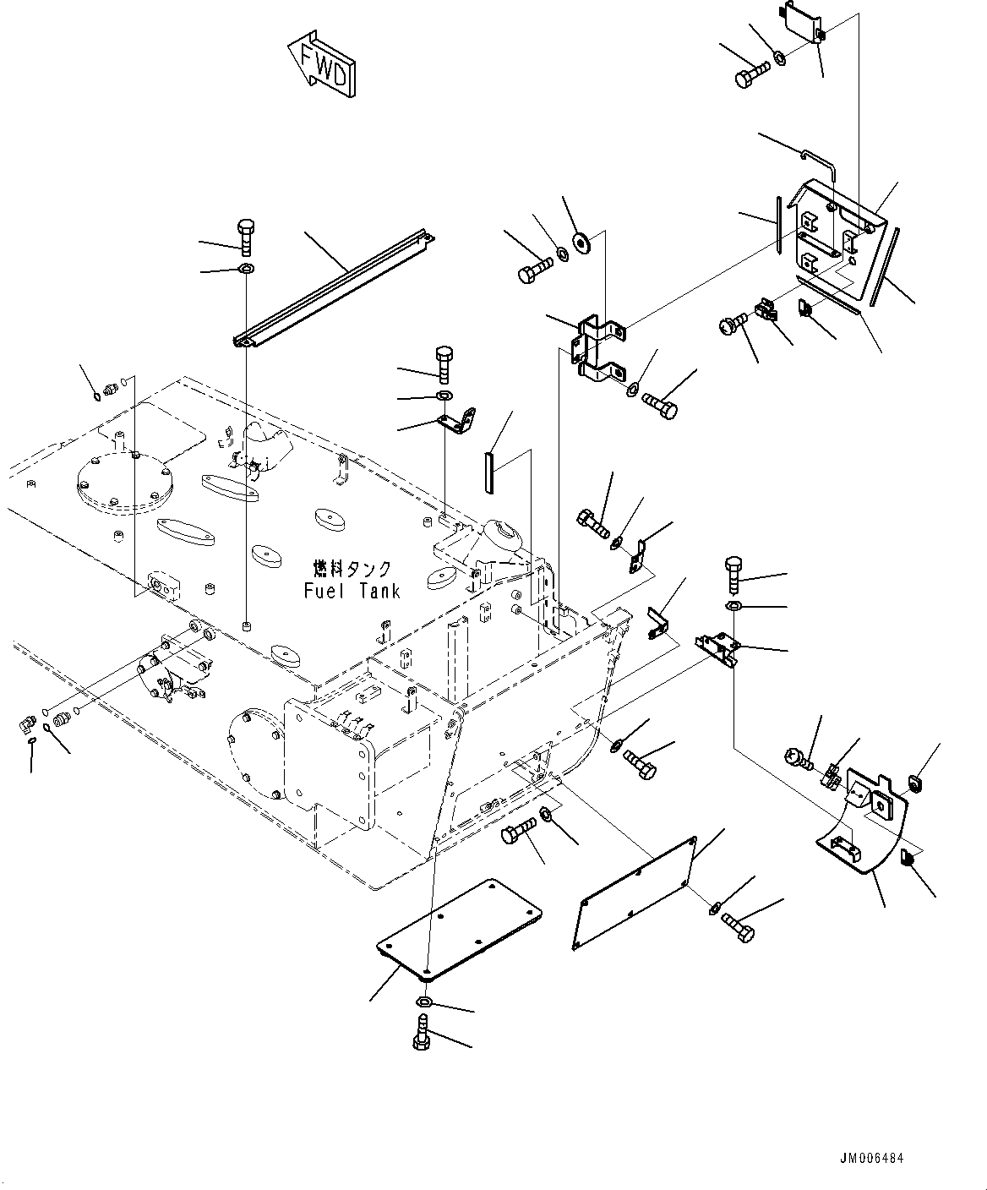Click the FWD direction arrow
(x=323, y=64)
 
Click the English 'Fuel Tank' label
(x=352, y=591)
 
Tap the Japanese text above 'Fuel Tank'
(x=352, y=569)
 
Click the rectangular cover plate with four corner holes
(x=460, y=936)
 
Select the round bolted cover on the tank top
(x=123, y=482)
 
